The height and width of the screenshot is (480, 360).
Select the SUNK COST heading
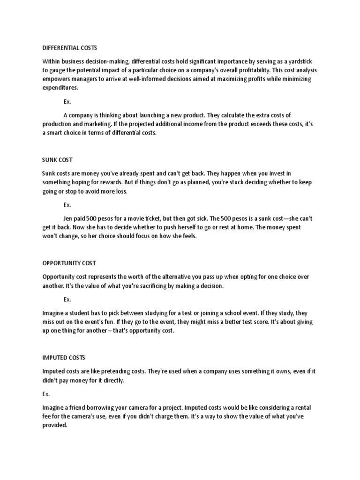click(57, 160)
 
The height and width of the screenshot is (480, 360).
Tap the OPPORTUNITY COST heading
click(69, 263)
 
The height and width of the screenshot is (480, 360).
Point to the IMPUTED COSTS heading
click(63, 358)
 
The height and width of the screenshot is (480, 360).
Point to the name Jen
click(68, 218)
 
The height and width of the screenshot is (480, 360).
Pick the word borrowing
click(96, 408)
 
